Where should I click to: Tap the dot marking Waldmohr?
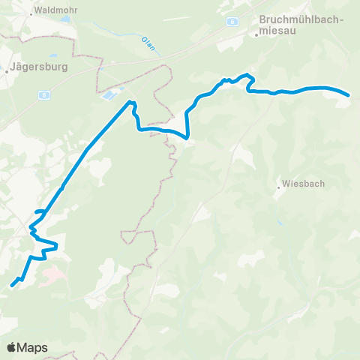(x=31, y=13)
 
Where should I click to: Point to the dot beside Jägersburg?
(x=7, y=71)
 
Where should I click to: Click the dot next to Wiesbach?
(x=279, y=187)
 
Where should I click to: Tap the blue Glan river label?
(x=147, y=43)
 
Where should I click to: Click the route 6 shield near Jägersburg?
(x=45, y=94)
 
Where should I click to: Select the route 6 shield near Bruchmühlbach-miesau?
(x=233, y=22)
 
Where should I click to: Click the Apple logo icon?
(x=12, y=347)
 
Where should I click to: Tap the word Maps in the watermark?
(x=33, y=347)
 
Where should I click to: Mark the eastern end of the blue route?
(x=349, y=95)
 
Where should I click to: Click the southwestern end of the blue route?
(x=12, y=285)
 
